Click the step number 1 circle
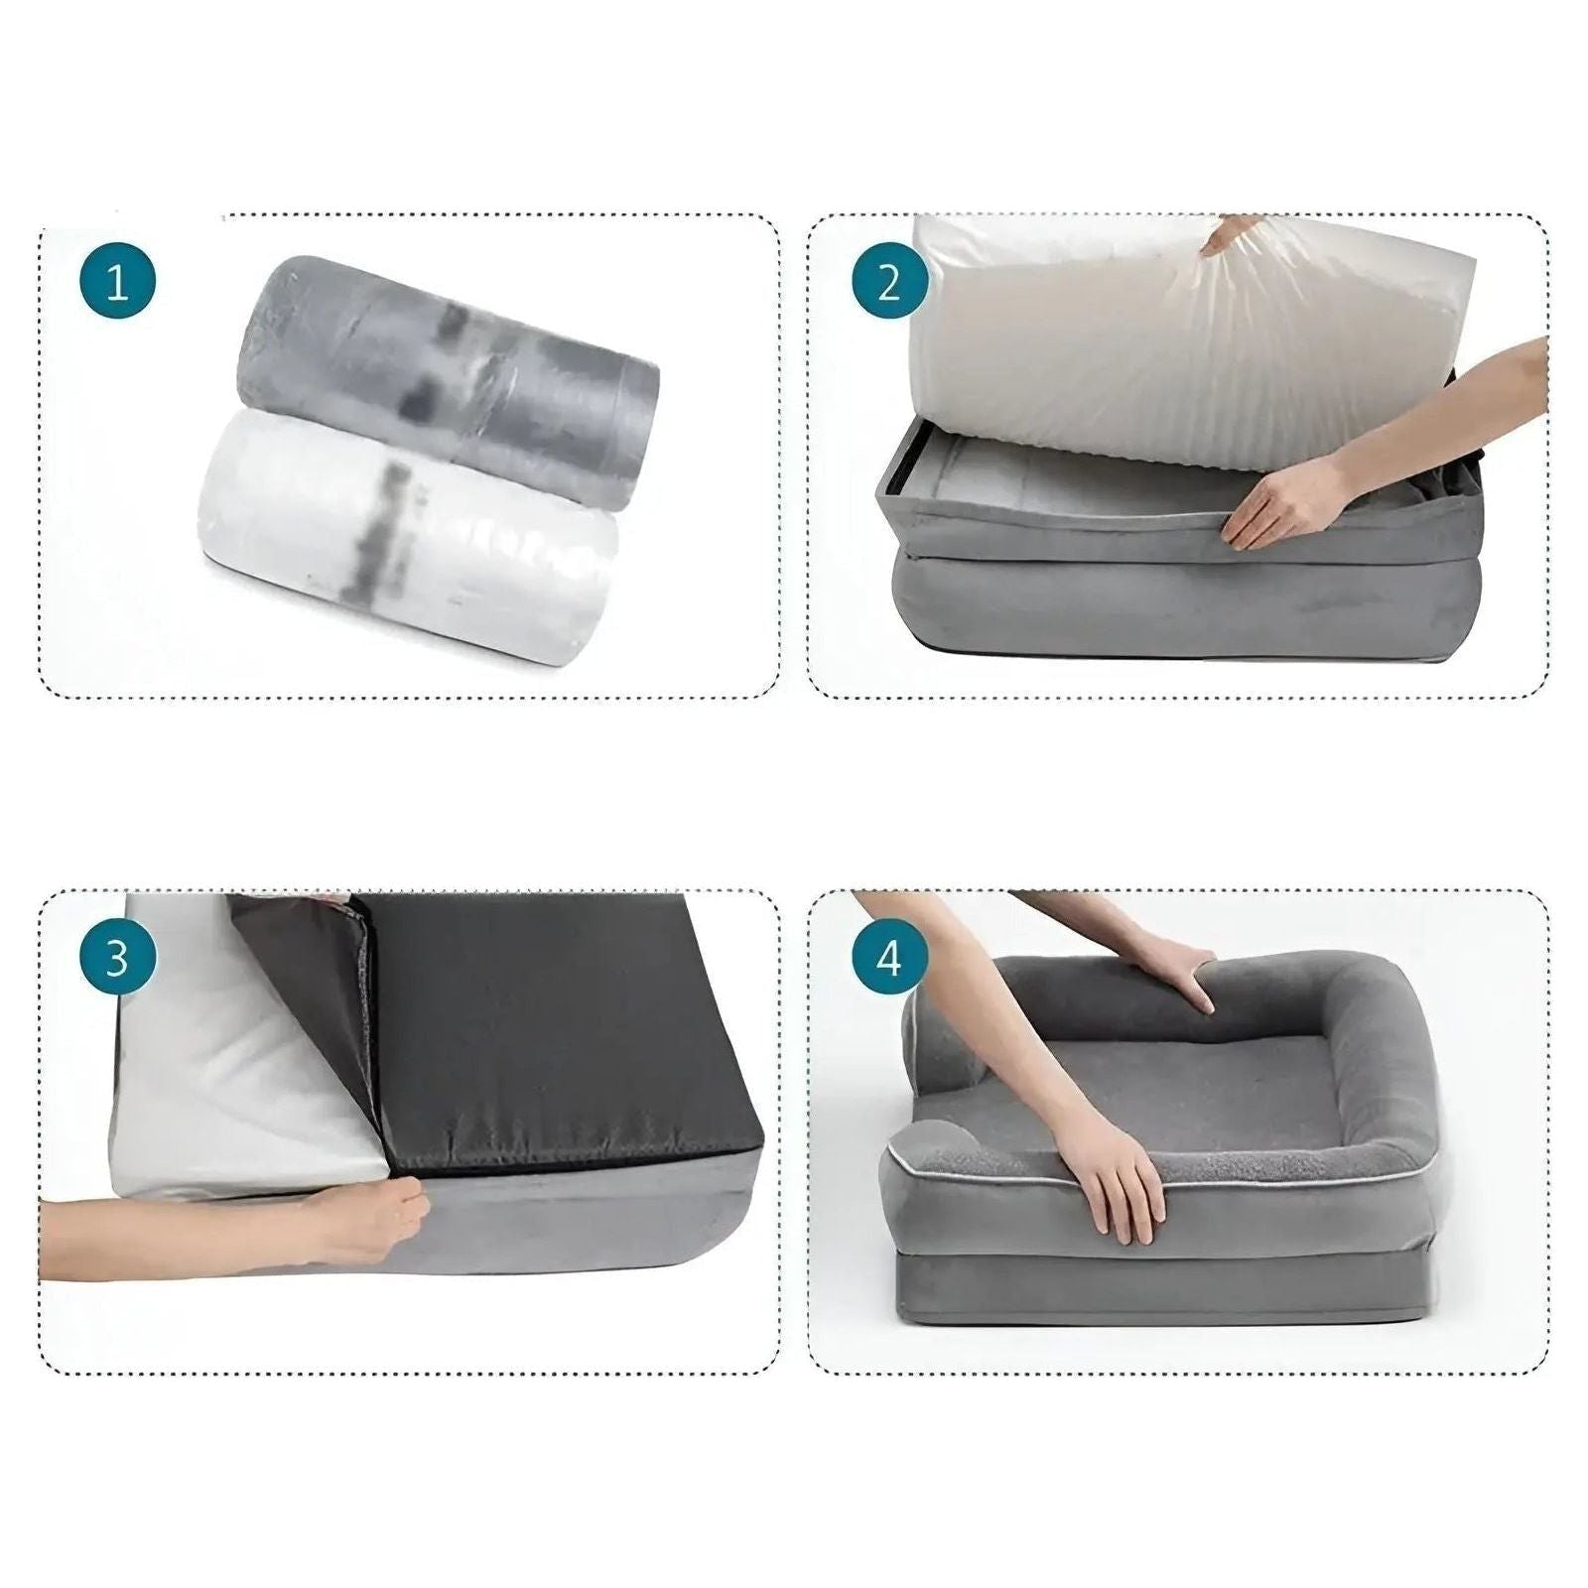(x=117, y=284)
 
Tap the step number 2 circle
(x=888, y=284)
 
